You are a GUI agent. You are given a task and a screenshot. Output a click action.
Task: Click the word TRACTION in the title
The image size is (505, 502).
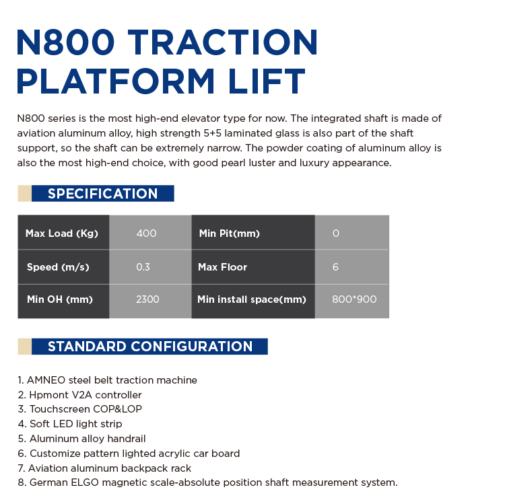point(223,42)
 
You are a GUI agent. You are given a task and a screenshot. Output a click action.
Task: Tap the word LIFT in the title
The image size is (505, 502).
point(267,81)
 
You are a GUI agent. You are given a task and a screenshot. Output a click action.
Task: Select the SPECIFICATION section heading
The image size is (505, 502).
point(103,194)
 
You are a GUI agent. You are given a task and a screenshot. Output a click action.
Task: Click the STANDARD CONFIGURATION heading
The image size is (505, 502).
point(150,347)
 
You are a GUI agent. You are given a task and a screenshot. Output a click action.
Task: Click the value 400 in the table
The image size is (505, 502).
point(147,234)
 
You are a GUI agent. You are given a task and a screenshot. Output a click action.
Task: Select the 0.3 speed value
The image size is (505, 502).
point(143,266)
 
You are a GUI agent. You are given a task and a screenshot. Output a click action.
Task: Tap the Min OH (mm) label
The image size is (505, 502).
point(60,299)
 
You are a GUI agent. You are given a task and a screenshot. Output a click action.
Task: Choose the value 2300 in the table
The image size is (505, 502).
point(147,299)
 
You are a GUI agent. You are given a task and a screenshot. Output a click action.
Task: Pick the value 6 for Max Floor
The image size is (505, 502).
point(335,266)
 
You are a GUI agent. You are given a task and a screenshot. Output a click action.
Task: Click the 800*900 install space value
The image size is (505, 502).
point(354,299)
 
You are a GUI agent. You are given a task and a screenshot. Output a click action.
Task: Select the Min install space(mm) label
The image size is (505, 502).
point(252,299)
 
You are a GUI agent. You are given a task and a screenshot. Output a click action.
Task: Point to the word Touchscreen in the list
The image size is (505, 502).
point(59,409)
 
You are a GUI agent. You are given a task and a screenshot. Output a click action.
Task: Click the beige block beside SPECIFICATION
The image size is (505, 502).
point(24,193)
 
